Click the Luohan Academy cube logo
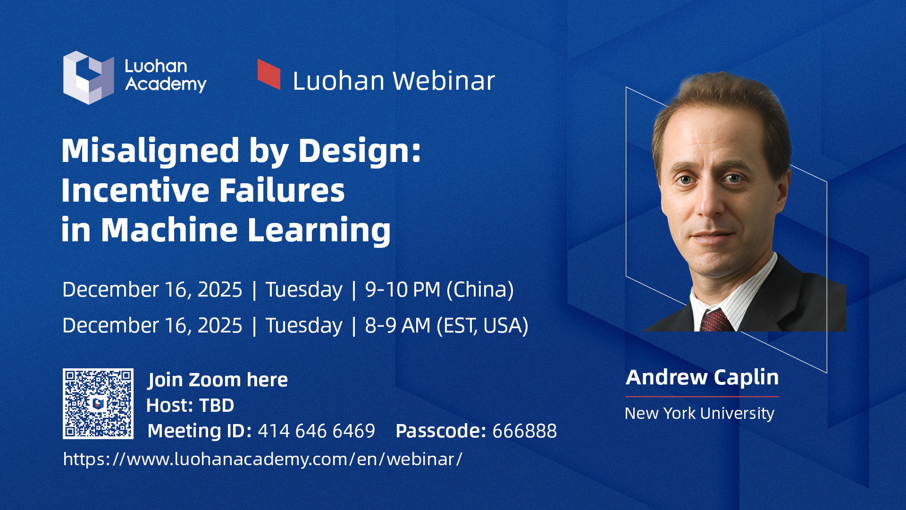click(89, 77)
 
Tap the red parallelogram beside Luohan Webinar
click(268, 74)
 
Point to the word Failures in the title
click(282, 190)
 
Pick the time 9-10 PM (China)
click(439, 289)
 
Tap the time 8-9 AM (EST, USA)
click(446, 325)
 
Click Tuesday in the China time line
click(303, 289)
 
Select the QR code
click(98, 404)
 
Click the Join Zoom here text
click(218, 380)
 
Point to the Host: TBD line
click(190, 405)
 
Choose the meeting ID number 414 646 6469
click(316, 431)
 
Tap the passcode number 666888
click(524, 431)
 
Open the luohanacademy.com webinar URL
click(262, 459)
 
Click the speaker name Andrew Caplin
click(702, 377)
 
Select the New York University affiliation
click(699, 413)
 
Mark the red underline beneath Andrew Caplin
click(702, 397)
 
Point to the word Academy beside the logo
click(166, 84)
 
